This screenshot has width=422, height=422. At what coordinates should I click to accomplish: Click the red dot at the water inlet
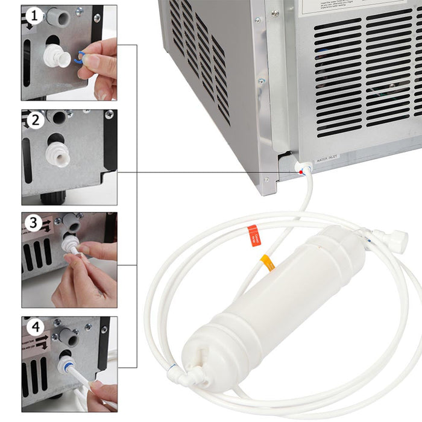click(300, 172)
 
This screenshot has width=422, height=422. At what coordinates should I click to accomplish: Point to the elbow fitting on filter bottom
click(196, 377)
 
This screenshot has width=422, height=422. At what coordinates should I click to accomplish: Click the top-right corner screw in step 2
click(109, 115)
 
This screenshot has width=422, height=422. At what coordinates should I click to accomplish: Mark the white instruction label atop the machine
click(350, 7)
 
